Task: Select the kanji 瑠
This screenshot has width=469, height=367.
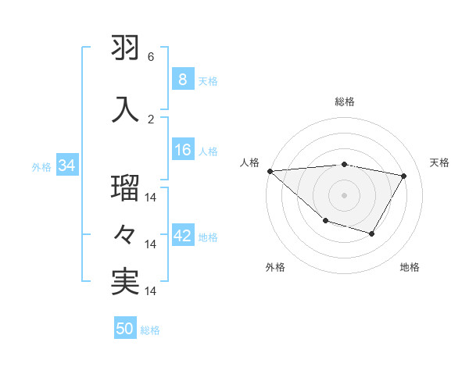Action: point(126,188)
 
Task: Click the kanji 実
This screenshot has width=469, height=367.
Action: point(126,282)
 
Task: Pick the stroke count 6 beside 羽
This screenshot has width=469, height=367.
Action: point(151,57)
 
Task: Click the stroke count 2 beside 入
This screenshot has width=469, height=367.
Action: point(151,119)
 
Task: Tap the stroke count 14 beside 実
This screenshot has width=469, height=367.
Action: point(152,291)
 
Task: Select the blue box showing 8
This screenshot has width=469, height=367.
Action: point(182,79)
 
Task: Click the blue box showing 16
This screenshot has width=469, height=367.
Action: point(183,150)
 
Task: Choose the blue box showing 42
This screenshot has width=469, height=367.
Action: point(183,236)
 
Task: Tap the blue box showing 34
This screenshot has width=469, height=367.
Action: point(66,166)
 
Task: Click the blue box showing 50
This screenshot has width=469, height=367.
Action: point(125,329)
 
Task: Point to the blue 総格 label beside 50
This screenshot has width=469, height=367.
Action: point(150,330)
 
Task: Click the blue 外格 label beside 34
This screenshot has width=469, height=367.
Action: point(41,167)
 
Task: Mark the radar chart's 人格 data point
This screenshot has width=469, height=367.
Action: point(270,171)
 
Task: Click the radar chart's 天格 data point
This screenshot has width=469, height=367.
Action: point(403,176)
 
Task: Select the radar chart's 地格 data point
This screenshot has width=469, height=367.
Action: point(372,233)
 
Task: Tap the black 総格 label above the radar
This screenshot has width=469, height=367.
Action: point(344,102)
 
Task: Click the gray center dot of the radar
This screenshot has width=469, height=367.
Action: point(344,194)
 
